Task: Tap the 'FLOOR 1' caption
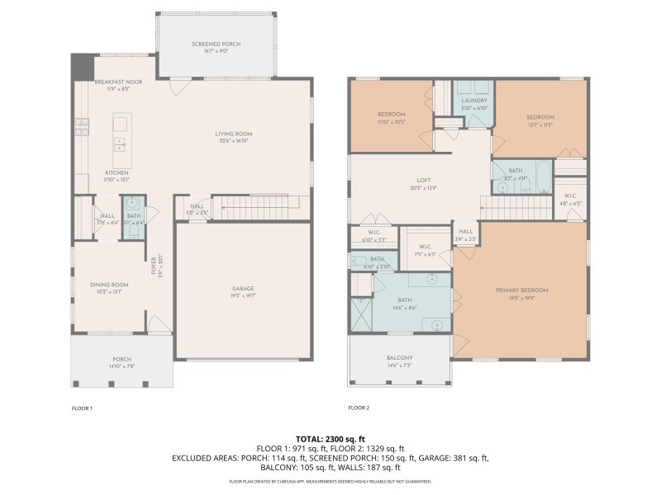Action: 82,408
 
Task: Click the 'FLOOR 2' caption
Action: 359,408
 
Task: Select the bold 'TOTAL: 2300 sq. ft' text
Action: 330,439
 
